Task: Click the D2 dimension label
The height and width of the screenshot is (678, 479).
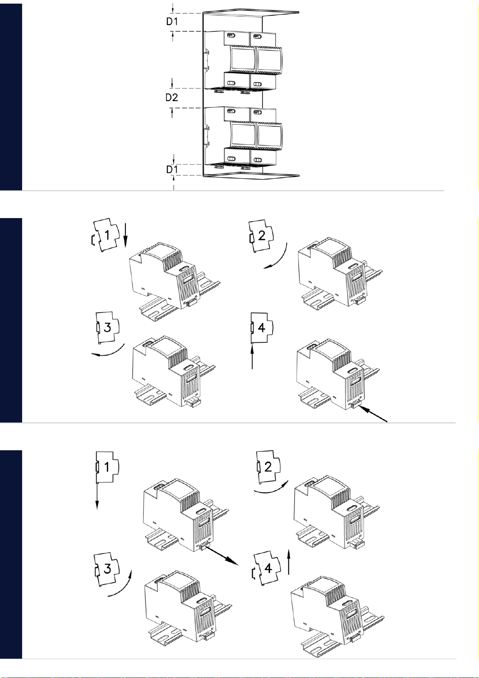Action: pos(172,97)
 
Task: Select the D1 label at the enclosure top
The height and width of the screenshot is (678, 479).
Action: pos(172,21)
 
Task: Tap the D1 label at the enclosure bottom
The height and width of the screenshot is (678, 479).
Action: pos(172,169)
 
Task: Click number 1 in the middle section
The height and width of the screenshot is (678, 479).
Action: pos(107,235)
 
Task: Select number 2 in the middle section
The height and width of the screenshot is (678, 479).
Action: pos(262,235)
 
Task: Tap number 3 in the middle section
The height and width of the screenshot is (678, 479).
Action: pos(107,328)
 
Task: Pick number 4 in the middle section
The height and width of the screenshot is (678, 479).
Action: pos(262,328)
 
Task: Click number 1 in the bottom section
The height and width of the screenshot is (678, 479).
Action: pos(107,467)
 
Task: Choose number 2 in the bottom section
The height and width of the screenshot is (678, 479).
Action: pos(268,467)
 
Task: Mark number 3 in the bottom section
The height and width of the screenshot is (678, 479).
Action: pos(107,569)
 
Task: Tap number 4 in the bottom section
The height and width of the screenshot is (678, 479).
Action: pos(268,568)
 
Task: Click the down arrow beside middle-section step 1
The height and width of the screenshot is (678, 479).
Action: pos(126,235)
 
